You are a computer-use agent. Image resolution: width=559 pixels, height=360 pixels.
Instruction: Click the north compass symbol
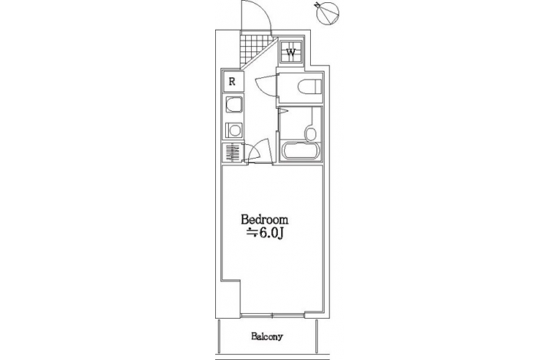tap(327, 14)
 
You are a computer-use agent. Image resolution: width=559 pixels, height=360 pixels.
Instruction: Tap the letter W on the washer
tap(291, 52)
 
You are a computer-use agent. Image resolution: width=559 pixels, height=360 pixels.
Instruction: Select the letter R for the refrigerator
tap(232, 82)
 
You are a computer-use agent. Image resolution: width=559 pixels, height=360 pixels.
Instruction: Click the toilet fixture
tap(309, 87)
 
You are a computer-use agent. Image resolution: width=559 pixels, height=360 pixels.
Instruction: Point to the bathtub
tap(301, 151)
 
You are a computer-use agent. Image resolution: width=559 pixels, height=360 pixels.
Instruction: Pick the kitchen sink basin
tap(234, 105)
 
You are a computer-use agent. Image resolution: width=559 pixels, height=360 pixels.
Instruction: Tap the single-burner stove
tap(234, 130)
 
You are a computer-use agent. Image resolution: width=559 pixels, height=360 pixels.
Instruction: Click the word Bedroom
tap(264, 219)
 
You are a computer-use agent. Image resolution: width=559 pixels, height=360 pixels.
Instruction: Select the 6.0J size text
tap(271, 233)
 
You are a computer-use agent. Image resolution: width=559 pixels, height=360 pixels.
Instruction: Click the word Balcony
tap(266, 336)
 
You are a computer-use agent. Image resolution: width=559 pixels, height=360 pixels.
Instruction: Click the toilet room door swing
tap(266, 85)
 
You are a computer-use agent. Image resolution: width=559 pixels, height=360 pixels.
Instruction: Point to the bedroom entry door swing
tap(259, 149)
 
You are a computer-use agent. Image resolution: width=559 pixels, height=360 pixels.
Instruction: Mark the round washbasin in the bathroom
tap(311, 134)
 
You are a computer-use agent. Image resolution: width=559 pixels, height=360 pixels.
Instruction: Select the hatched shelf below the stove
tap(233, 152)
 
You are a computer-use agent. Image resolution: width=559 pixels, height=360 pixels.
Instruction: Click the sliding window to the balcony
tap(273, 315)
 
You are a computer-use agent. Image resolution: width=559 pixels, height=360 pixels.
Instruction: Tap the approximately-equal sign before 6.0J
tap(253, 233)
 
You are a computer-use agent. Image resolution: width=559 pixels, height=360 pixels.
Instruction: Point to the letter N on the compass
tap(317, 5)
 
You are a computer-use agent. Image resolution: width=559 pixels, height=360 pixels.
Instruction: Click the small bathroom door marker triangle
tap(283, 112)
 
